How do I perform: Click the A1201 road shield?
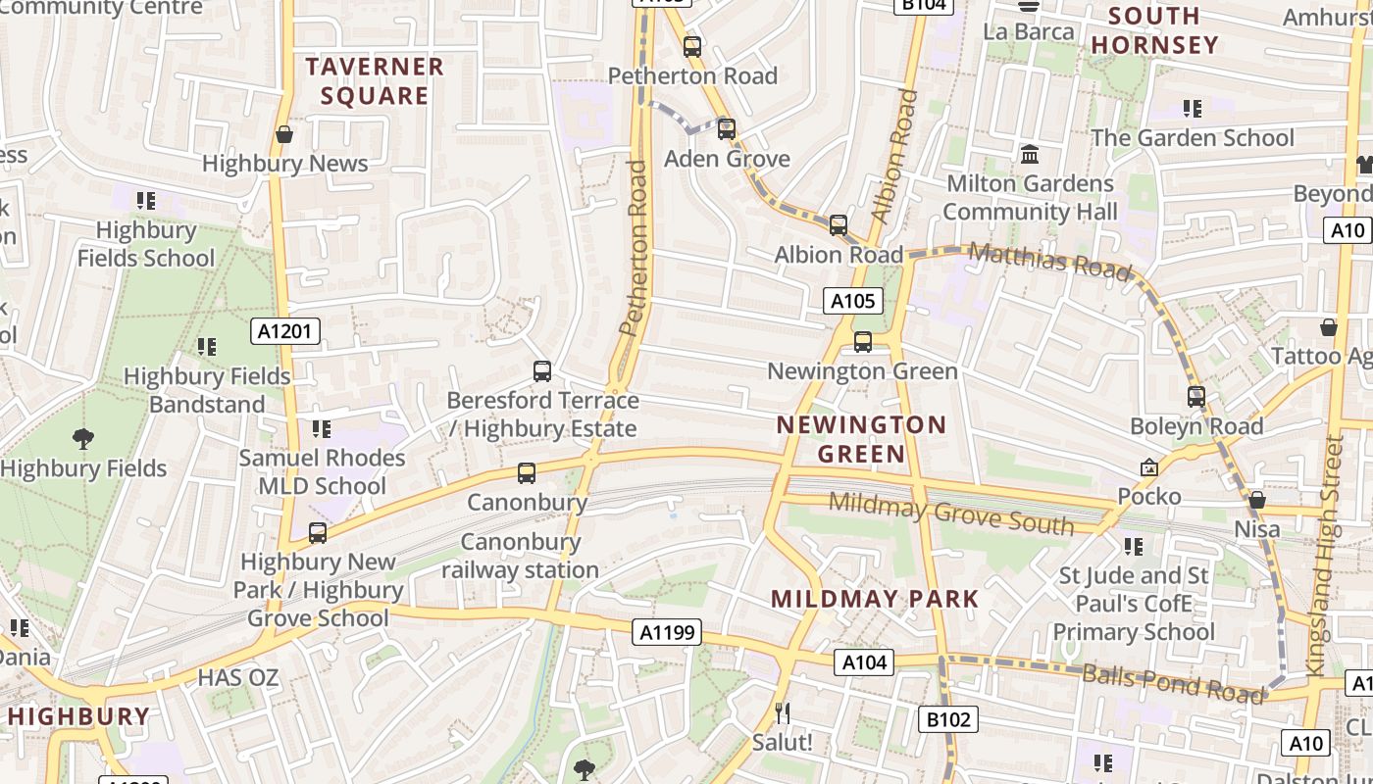[285, 331]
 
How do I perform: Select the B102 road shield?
[948, 720]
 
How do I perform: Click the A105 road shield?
[852, 301]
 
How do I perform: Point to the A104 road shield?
[865, 662]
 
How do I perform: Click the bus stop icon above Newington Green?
[863, 342]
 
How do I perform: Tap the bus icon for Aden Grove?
[727, 129]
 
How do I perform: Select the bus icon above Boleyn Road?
[1196, 397]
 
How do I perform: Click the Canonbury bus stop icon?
[527, 473]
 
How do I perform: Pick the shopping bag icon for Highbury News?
[284, 134]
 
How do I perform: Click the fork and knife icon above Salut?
[782, 712]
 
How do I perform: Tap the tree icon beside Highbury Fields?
[83, 439]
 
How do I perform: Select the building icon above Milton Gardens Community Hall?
[1030, 155]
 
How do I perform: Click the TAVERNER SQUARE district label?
[375, 81]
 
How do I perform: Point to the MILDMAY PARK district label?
[875, 599]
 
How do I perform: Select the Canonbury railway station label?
[521, 556]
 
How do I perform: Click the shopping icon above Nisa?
[1257, 501]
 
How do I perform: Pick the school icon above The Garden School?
[1193, 109]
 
